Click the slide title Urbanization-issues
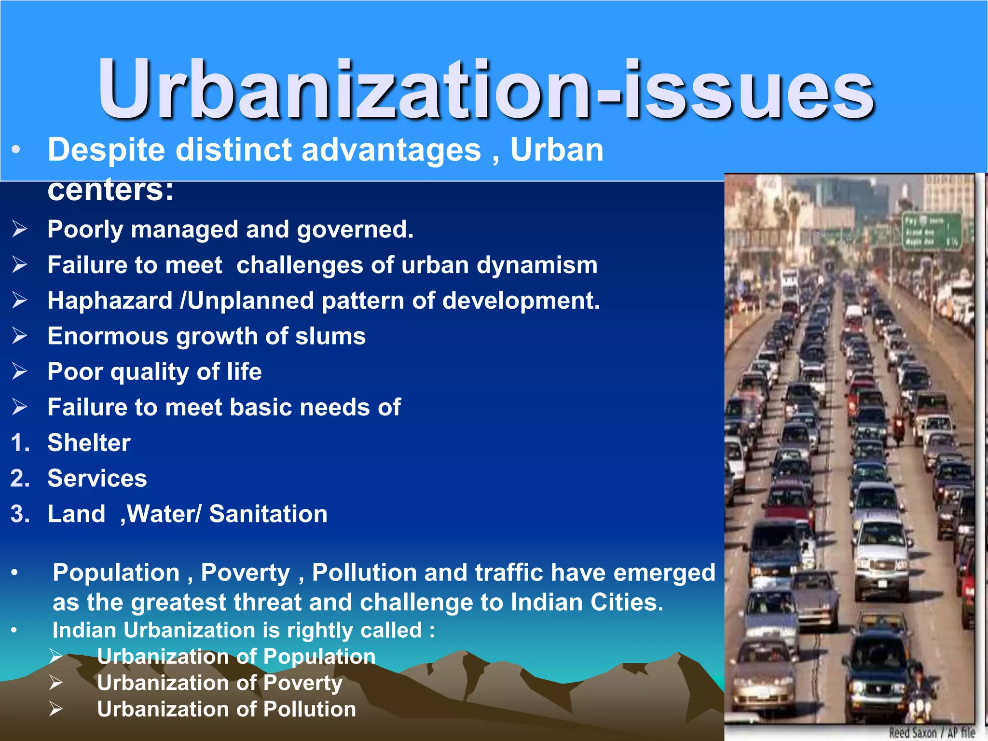486,89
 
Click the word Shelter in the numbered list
89,443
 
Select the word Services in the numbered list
97,479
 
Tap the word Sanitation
268,514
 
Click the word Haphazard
110,301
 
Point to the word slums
330,336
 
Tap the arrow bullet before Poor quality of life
20,371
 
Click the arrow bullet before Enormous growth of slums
20,336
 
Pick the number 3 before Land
20,514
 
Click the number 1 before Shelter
20,443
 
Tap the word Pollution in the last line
310,709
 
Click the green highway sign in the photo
931,231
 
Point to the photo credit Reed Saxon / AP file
932,732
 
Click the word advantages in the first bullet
391,150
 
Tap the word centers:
110,190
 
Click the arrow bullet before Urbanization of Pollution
56,709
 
